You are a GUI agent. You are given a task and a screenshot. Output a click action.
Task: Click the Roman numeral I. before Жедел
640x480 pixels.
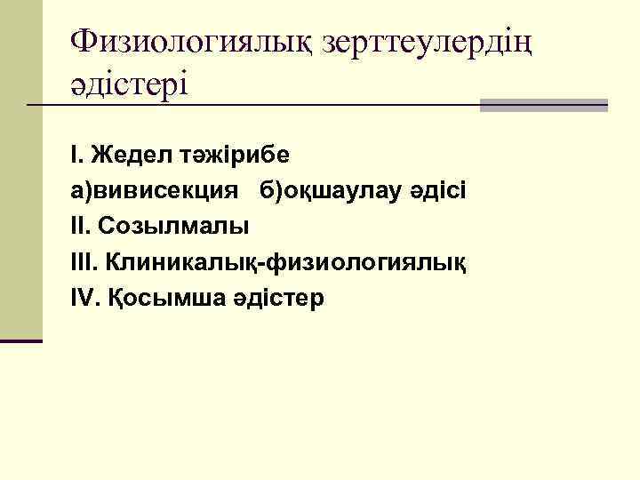click(x=76, y=155)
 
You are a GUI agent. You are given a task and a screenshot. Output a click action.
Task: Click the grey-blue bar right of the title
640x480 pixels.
click(x=543, y=105)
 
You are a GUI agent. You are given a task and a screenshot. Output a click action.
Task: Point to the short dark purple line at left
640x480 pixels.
click(x=21, y=340)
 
